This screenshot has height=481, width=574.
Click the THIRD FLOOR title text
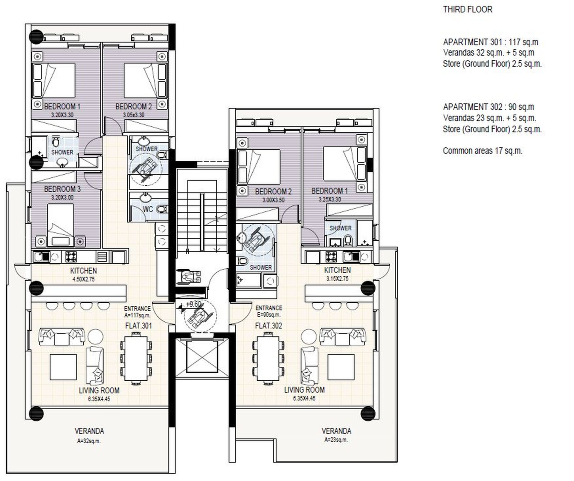click(468, 10)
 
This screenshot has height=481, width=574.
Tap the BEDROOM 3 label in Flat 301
click(62, 189)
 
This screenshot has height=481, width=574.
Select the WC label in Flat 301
click(148, 209)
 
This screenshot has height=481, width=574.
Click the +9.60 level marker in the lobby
click(193, 304)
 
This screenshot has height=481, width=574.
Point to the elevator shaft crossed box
click(202, 356)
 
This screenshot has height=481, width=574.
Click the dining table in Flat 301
click(136, 358)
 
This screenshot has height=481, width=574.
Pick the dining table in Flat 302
click(268, 358)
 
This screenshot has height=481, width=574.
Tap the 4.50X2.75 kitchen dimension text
click(83, 279)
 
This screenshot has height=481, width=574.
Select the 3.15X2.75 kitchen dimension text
click(337, 279)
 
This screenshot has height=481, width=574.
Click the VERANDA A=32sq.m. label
click(89, 436)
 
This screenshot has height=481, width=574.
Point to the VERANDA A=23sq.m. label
click(336, 435)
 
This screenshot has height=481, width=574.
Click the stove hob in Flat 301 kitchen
click(71, 256)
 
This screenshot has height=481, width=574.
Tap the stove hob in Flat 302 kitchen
click(331, 256)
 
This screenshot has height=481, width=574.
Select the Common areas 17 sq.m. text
click(483, 151)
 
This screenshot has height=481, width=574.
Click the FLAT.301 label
click(138, 326)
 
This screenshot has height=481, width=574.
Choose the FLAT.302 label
click(268, 326)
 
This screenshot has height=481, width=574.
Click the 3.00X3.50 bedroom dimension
click(273, 200)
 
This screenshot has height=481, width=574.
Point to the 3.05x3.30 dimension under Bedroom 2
click(134, 115)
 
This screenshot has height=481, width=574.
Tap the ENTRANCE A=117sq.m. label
click(138, 312)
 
